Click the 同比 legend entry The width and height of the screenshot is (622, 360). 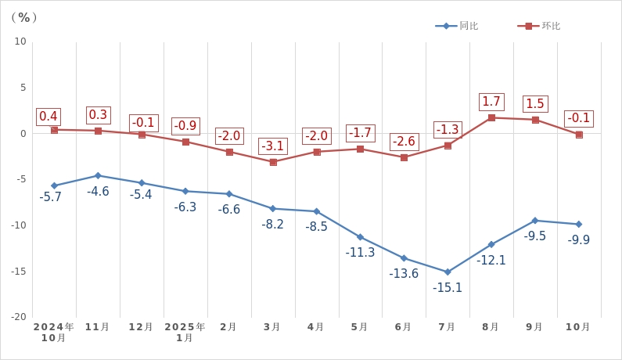click(458, 26)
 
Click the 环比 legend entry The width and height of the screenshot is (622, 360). click(540, 26)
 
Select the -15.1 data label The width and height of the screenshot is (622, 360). click(448, 288)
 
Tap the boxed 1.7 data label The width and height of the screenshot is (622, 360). click(491, 102)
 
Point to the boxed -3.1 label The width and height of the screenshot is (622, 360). click(273, 146)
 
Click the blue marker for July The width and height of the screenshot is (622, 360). click(448, 272)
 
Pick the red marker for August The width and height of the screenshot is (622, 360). click(491, 117)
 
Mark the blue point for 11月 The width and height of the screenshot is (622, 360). click(98, 175)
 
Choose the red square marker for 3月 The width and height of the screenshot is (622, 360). click(273, 162)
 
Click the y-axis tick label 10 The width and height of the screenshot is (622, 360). click(20, 41)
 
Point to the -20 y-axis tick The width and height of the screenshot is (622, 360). click(17, 317)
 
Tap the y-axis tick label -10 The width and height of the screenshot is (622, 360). click(17, 225)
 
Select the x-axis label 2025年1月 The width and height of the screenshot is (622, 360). click(185, 332)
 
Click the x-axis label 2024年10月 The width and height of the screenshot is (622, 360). click(53, 332)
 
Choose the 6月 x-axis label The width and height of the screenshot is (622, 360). click(404, 327)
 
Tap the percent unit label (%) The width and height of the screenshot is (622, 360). click(25, 17)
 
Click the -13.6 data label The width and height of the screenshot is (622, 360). click(404, 274)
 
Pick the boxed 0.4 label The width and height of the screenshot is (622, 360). click(49, 117)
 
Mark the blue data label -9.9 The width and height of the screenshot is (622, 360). click(579, 240)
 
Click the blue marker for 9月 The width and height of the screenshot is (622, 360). click(535, 221)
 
